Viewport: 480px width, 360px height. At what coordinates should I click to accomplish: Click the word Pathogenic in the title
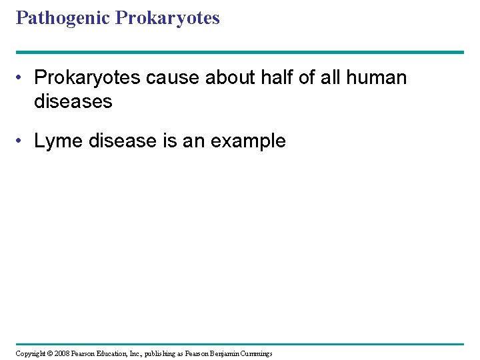(63, 18)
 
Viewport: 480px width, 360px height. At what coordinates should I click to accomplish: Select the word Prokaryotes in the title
(167, 18)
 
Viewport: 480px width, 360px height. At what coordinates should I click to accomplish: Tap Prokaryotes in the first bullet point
(88, 78)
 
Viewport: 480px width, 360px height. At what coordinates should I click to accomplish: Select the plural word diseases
(73, 101)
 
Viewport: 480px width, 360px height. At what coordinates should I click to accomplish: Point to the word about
(236, 78)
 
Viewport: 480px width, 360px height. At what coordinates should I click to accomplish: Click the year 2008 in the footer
(61, 353)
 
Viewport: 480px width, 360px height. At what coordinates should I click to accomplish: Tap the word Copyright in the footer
(29, 353)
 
